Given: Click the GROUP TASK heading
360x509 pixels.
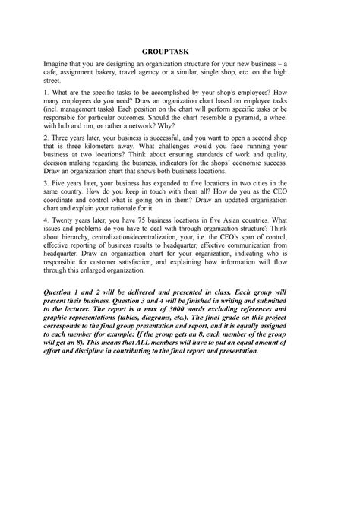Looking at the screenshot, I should (179, 54).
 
